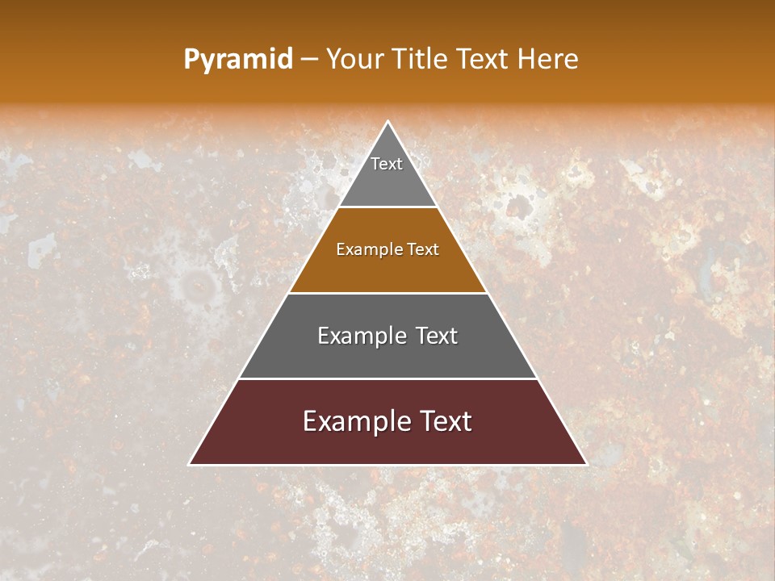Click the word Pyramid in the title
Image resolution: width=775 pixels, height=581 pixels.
237,60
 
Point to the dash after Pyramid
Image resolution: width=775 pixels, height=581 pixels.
308,60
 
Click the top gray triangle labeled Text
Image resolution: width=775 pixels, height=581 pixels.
387,173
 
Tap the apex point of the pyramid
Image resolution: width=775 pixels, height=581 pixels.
388,123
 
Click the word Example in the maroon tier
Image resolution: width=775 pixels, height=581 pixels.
354,422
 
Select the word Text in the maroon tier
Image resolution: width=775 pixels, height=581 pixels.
442,421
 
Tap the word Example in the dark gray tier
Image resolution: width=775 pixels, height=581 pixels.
359,336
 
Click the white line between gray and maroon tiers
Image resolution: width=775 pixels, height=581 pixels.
387,378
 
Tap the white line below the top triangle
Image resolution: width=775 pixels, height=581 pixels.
387,207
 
